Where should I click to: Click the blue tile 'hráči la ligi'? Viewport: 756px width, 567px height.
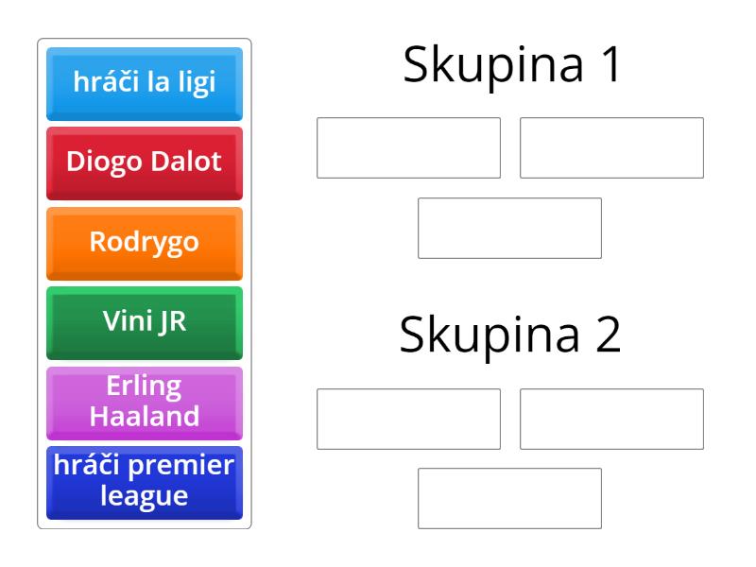tap(145, 84)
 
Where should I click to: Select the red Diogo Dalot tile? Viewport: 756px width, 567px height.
tap(145, 163)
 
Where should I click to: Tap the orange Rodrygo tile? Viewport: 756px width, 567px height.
tap(145, 244)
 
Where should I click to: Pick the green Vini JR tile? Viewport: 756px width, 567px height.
tap(145, 323)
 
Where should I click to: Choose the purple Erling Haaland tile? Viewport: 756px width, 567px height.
tap(145, 404)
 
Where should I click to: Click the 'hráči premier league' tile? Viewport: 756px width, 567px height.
tap(145, 483)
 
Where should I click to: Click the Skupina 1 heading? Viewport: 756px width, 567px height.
tap(511, 65)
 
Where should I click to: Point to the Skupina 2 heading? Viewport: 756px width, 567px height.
tap(510, 335)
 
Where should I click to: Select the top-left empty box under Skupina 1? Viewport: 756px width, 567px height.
tap(409, 147)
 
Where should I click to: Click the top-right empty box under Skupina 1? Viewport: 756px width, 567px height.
tap(611, 147)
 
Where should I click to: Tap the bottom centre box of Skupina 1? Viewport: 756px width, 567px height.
tap(510, 228)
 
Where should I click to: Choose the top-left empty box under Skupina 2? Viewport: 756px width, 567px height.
tap(409, 419)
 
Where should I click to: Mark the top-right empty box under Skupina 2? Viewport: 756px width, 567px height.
tap(611, 419)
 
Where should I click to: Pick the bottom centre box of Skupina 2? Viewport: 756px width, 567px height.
tap(510, 499)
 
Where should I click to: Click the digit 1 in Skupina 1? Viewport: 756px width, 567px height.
tap(610, 64)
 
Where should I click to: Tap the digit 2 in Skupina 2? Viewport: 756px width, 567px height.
tap(608, 335)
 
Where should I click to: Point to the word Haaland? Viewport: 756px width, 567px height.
tap(145, 416)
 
